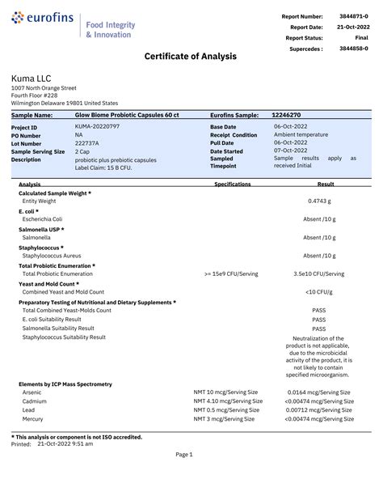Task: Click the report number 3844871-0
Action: coord(353,16)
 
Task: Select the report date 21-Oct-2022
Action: coord(352,27)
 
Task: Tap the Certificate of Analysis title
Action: coord(191,56)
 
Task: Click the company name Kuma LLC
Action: coord(32,78)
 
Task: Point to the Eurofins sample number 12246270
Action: coord(287,116)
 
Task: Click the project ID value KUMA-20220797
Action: coord(97,127)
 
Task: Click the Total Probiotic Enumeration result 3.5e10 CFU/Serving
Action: coord(318,273)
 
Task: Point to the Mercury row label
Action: coord(33,419)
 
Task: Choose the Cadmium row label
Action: coord(35,401)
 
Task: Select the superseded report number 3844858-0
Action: coord(353,49)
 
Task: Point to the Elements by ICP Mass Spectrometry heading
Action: coord(65,384)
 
